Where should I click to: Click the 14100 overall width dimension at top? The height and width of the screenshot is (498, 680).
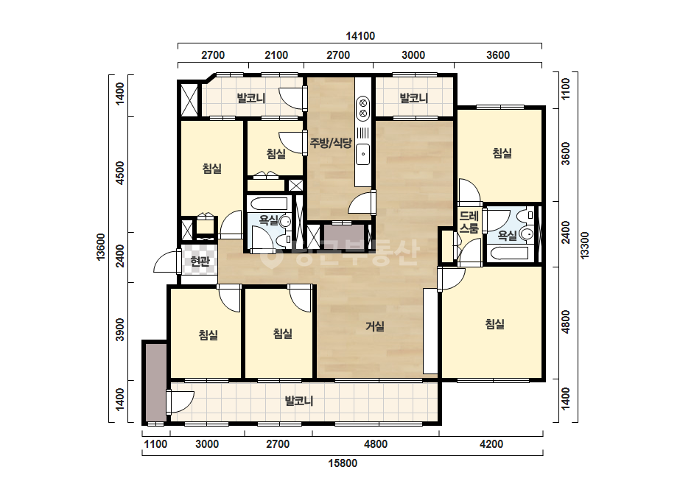click(x=360, y=36)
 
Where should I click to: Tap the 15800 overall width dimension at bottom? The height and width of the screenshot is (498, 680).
click(x=343, y=463)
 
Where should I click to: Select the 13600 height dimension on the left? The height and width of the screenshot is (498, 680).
click(x=101, y=247)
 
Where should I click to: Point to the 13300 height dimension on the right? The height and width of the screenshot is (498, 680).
click(x=585, y=245)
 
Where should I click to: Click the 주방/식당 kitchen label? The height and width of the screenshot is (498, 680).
click(x=331, y=143)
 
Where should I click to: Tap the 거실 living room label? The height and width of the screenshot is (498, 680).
click(x=375, y=326)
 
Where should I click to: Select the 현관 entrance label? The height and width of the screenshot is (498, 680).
click(x=200, y=261)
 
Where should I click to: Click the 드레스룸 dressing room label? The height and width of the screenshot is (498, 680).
click(x=469, y=222)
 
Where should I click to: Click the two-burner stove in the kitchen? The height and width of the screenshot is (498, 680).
click(x=362, y=108)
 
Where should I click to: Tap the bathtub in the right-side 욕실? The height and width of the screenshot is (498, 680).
click(x=508, y=253)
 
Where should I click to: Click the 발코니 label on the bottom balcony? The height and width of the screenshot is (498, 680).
click(x=299, y=401)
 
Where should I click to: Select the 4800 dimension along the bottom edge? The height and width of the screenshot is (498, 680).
click(x=376, y=444)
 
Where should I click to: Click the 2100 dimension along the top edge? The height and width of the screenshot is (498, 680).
click(x=276, y=55)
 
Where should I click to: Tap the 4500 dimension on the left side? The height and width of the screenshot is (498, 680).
click(x=120, y=172)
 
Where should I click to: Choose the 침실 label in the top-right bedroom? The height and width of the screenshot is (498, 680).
click(x=502, y=152)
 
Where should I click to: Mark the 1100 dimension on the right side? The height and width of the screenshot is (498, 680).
click(x=566, y=89)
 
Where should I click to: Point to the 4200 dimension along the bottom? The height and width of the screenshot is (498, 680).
click(x=491, y=444)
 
